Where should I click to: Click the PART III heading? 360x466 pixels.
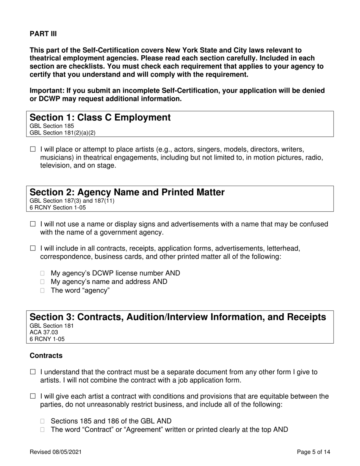43,34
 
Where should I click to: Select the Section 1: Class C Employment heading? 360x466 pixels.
100,117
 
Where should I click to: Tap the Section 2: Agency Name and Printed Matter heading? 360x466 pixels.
127,192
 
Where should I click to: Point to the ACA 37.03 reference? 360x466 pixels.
44,332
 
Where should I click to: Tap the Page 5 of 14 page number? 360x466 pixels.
314,452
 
